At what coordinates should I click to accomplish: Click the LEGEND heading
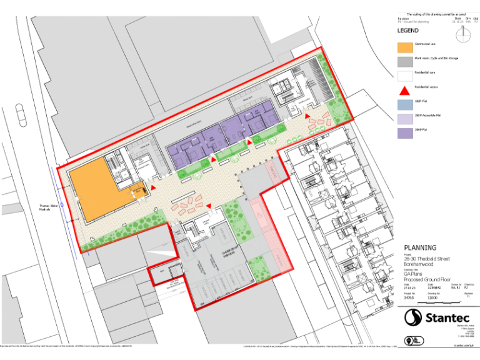[408, 31]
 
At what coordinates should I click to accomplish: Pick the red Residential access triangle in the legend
[404, 89]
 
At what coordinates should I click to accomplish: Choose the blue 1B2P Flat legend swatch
[404, 103]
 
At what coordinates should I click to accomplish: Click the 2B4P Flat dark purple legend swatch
[404, 132]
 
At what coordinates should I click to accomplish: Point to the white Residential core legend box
[404, 74]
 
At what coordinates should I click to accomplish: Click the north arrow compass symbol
[463, 36]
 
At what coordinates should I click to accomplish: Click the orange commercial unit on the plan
[94, 191]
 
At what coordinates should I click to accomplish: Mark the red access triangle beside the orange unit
[152, 186]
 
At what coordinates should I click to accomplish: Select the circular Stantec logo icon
[413, 317]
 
